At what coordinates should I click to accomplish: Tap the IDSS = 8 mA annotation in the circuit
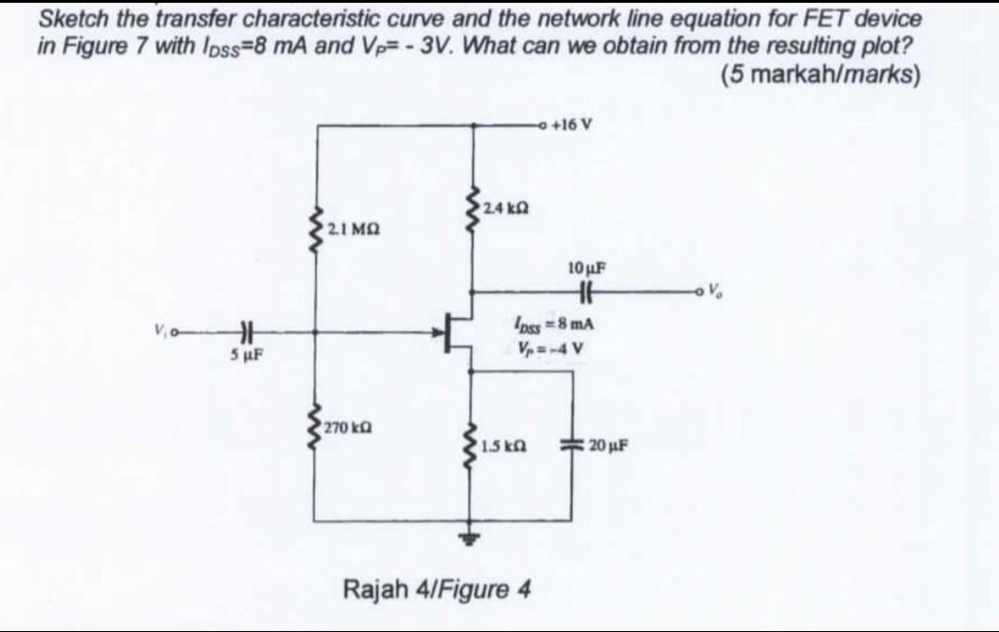click(x=553, y=326)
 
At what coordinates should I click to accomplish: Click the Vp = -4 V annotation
click(x=553, y=348)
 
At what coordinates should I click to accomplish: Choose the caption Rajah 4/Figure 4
click(x=437, y=589)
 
